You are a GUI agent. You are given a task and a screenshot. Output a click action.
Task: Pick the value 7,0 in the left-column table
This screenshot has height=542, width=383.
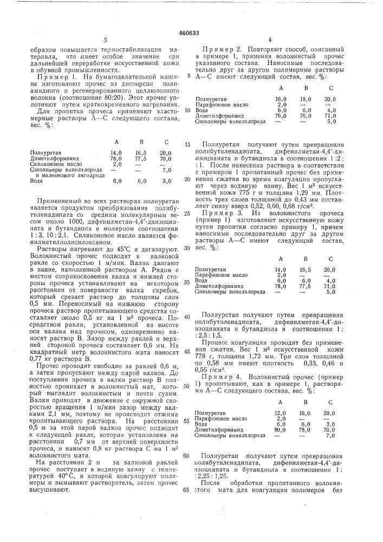coord(166,170)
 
